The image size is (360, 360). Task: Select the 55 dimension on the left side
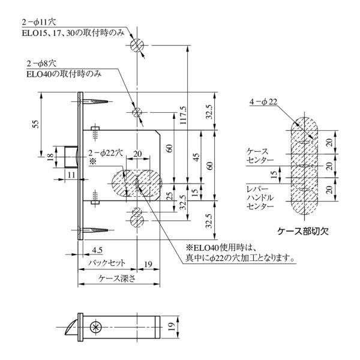pyautogui.click(x=35, y=124)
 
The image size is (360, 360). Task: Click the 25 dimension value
pyautogui.click(x=169, y=197)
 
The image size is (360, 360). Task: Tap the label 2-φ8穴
pyautogui.click(x=41, y=62)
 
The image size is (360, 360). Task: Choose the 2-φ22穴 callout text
pyautogui.click(x=106, y=153)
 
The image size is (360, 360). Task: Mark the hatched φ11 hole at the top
pyautogui.click(x=137, y=44)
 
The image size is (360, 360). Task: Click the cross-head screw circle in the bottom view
pyautogui.click(x=94, y=327)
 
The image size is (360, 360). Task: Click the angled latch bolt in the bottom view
pyautogui.click(x=70, y=327)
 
